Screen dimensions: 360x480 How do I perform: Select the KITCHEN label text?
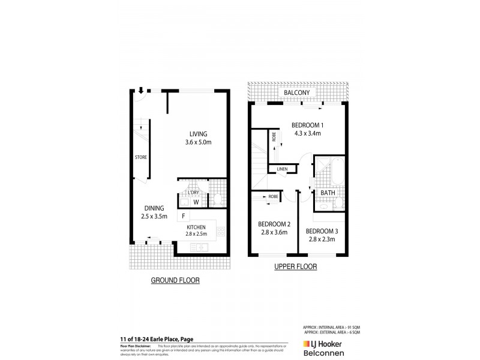point(196,226)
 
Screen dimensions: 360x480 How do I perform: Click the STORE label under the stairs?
point(140,157)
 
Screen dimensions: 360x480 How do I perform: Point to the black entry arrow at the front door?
point(140,91)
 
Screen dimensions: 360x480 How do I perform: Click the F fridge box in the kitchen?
point(182,215)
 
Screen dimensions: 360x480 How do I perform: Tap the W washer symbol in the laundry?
point(196,202)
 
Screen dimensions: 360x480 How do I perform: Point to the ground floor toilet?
point(218,199)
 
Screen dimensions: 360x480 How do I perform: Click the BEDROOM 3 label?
point(322,231)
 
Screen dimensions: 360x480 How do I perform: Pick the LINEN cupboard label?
point(282,169)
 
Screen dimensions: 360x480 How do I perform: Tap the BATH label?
point(328,193)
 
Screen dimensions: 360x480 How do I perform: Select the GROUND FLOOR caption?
point(175,280)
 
